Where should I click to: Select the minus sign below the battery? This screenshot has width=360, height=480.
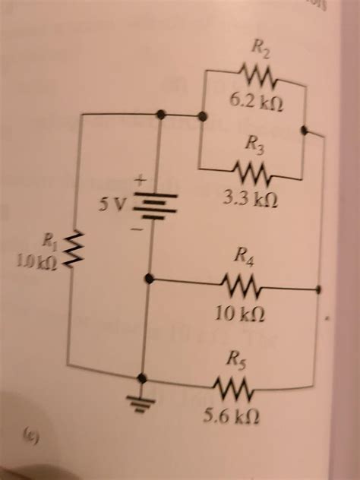tap(138, 226)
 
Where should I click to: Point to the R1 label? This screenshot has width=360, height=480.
tap(49, 243)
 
